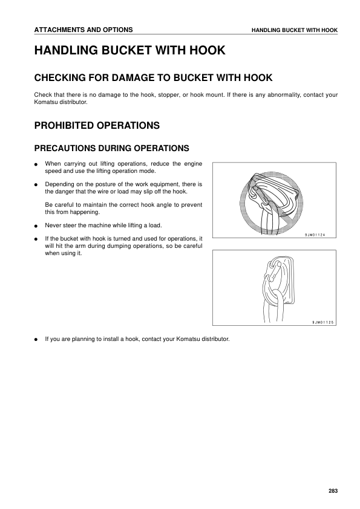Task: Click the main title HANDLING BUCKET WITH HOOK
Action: click(130, 51)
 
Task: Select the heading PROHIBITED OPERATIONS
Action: click(97, 126)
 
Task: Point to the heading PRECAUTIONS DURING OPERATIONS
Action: click(112, 148)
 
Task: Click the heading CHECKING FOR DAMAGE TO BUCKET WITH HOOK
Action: click(153, 78)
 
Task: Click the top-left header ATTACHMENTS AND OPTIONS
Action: click(83, 30)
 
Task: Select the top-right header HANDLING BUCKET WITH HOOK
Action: click(295, 30)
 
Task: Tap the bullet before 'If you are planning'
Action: click(36, 339)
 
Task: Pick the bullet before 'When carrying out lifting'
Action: click(36, 164)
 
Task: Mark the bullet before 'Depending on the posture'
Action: click(36, 184)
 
